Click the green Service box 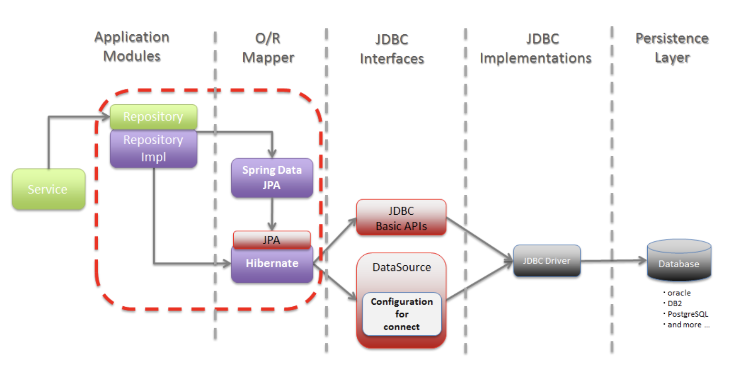48,189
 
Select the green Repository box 153,117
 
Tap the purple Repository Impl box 153,148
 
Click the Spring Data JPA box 272,178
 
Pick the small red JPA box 271,240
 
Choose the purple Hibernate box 272,264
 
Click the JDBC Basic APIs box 401,218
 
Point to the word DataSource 402,267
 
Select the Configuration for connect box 402,314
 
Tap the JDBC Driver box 547,260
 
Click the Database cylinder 679,261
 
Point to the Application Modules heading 132,46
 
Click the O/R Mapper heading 268,48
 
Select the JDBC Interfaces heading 392,49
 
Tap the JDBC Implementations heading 536,48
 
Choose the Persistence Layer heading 672,48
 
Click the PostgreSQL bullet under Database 687,314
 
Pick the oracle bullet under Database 679,293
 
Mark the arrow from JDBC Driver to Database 613,260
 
